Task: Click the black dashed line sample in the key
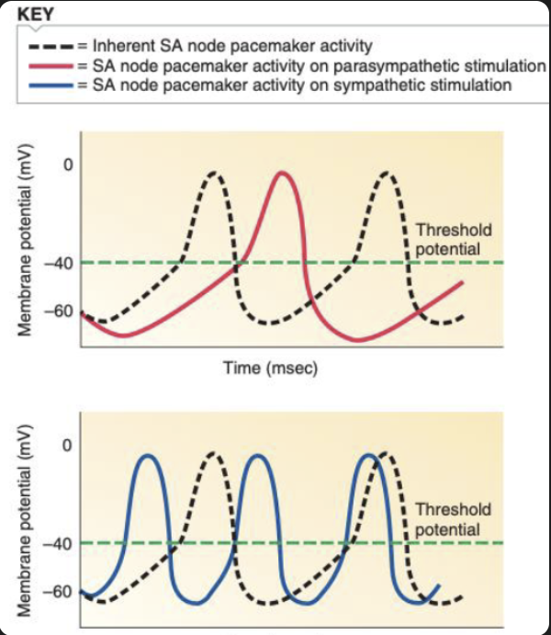coord(49,46)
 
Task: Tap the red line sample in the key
coord(49,66)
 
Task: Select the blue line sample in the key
coord(49,86)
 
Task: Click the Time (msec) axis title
coord(270,369)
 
